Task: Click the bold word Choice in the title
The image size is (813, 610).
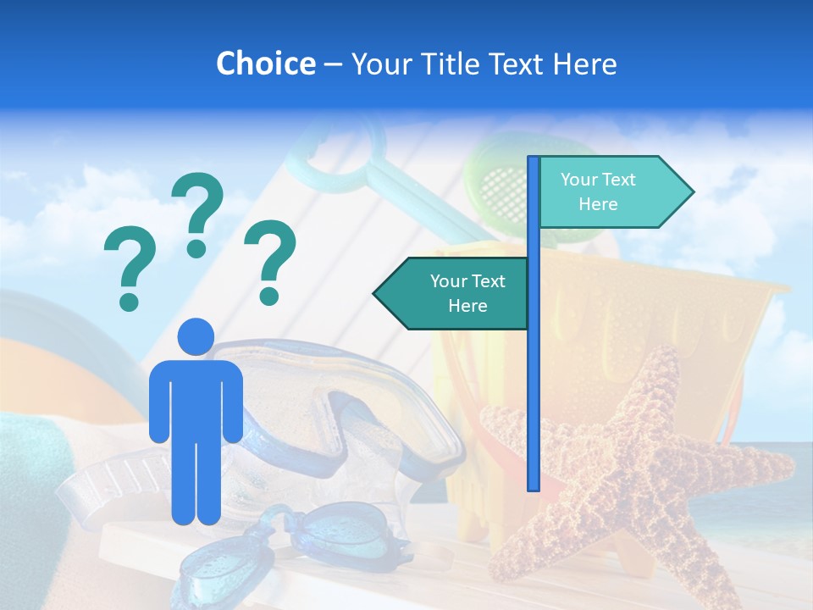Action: [x=265, y=64]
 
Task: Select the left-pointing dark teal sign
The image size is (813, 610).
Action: [x=453, y=294]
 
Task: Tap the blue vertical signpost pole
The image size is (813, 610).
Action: [x=534, y=381]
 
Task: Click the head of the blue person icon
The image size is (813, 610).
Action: [x=196, y=336]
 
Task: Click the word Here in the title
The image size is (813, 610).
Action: [x=585, y=64]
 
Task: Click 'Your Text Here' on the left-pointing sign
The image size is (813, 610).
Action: [x=467, y=293]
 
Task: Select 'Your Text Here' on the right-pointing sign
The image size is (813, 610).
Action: [x=598, y=191]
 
